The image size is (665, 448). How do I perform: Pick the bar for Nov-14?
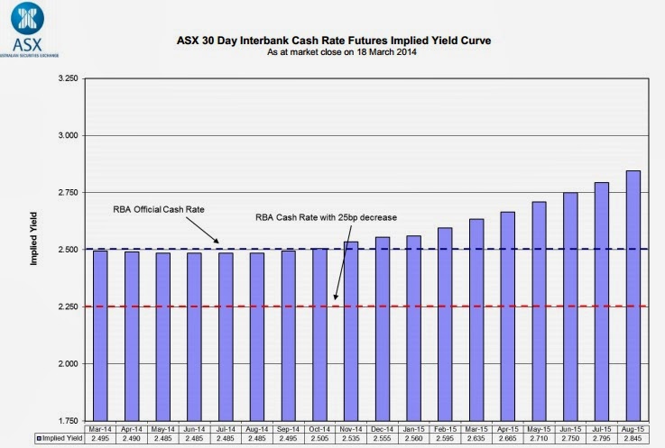351,328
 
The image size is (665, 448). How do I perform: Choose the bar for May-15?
540,307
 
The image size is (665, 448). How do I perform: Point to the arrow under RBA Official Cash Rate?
209,232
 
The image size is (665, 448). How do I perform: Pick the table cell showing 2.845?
634,440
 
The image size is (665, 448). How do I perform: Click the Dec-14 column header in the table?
383,430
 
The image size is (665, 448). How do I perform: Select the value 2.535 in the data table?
351,440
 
